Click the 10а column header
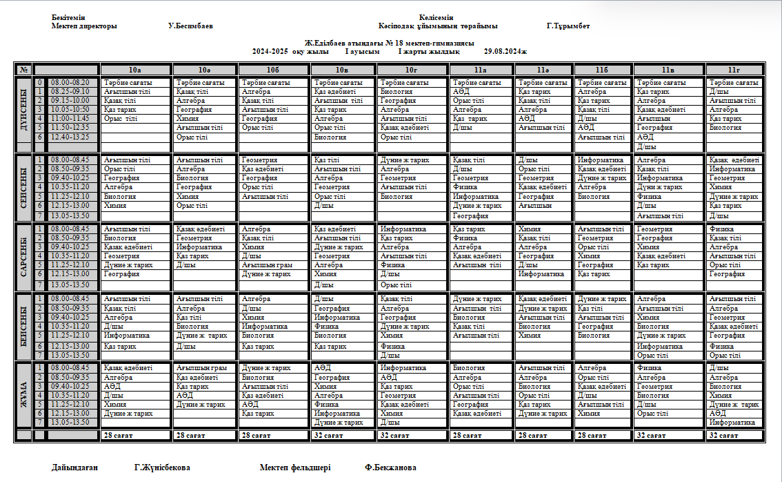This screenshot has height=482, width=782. point(135,70)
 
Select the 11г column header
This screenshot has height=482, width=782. point(734,70)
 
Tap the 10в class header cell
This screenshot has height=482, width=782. point(343,70)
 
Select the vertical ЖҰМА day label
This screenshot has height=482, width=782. point(24,395)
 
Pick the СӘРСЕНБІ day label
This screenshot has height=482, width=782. point(24,256)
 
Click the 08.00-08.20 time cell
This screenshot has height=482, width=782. point(70,83)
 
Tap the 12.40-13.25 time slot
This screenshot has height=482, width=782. point(70,137)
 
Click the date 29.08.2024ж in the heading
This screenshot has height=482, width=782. point(505,51)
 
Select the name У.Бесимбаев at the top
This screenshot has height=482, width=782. point(190,26)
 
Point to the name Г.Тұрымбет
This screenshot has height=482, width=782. point(568,26)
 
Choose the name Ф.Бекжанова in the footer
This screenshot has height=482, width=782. point(390,467)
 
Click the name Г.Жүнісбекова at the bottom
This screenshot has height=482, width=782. point(162,467)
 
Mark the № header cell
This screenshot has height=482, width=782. point(24,70)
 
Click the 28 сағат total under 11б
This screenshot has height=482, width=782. point(592,436)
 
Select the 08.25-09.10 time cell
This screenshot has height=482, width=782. point(70,92)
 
